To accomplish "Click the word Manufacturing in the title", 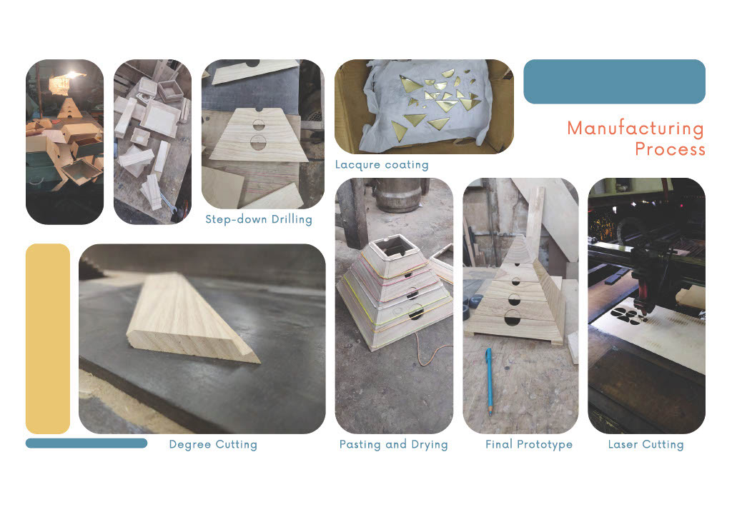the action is coord(635,129).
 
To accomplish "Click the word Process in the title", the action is coord(670,149).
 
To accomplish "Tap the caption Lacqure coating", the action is coord(382,164).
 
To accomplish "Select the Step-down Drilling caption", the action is coord(259,219).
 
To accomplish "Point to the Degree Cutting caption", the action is coord(213,444).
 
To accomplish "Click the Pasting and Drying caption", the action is coord(394,444).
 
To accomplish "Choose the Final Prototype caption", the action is coord(529,444).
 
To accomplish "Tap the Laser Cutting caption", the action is coord(646,444).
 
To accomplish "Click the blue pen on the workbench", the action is coord(489,381).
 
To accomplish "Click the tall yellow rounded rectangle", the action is coord(48,339).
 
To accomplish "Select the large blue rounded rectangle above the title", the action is coord(614,81).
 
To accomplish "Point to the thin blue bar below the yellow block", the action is coord(86,443).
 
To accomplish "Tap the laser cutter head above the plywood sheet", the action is coord(646,284).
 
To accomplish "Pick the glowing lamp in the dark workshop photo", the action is coord(74,75).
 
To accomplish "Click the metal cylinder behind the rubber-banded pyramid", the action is coord(400,195).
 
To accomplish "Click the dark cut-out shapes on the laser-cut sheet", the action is coord(628,316).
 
